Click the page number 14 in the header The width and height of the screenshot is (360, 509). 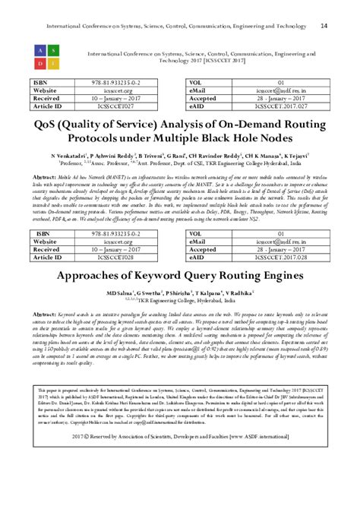[324, 26]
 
